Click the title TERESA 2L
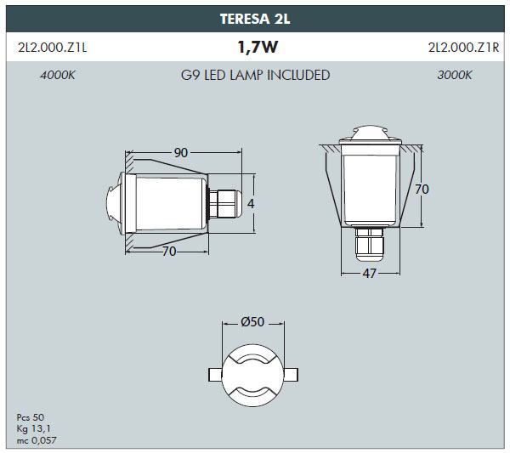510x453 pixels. point(255,19)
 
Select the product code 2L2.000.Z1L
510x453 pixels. point(53,48)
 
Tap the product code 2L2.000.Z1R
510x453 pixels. point(463,48)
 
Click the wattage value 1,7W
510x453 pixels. point(258,47)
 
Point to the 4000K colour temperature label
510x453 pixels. point(57,76)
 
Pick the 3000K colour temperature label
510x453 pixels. point(454,76)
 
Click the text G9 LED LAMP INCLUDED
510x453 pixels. point(255,75)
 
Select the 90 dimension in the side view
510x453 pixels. point(181,152)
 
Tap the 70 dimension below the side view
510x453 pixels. point(169,252)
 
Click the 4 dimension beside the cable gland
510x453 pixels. point(251,204)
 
